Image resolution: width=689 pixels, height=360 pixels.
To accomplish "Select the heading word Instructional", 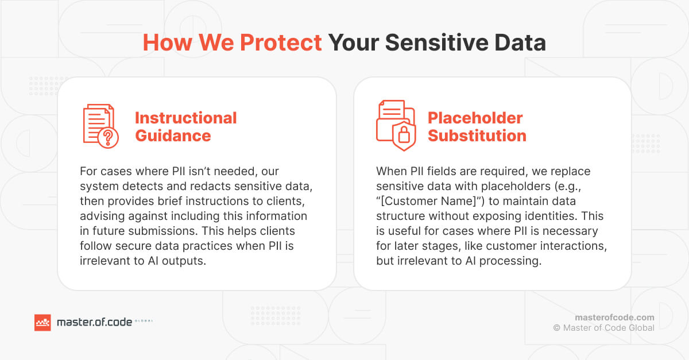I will click(x=185, y=118).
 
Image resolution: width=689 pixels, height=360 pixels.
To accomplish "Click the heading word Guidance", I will click(x=173, y=136).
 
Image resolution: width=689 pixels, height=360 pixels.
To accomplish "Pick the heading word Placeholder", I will click(x=475, y=118).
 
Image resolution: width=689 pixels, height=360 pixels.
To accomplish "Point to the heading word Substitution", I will click(x=477, y=136).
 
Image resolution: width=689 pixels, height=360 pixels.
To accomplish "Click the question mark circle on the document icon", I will click(x=109, y=138).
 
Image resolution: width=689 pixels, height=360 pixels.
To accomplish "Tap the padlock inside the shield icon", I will click(x=404, y=136).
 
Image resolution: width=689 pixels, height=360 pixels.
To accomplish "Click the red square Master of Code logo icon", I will click(x=43, y=323).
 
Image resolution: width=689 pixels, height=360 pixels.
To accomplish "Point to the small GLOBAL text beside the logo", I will click(x=144, y=322).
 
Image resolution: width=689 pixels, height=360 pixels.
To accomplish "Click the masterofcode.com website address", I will click(x=614, y=318).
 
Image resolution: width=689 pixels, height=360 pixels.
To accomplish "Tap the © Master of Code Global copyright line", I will click(x=603, y=328).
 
